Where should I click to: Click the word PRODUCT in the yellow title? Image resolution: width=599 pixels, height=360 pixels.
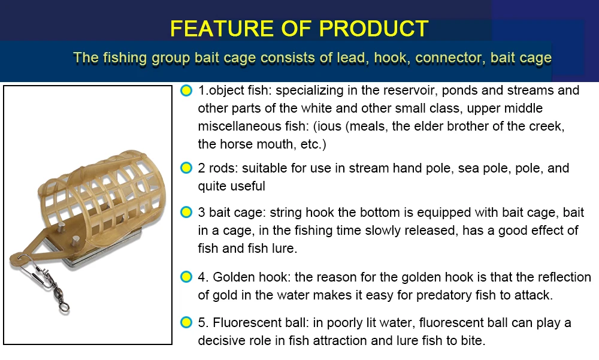click(x=373, y=28)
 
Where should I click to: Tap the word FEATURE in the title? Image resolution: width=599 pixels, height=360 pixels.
click(x=222, y=28)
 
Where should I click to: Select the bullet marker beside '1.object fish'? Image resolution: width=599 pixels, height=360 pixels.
click(x=186, y=90)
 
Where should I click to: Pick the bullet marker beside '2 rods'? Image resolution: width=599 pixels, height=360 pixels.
click(x=186, y=168)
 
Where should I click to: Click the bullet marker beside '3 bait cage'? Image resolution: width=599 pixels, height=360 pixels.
click(x=186, y=212)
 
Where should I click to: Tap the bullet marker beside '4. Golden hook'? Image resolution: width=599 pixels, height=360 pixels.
click(x=186, y=277)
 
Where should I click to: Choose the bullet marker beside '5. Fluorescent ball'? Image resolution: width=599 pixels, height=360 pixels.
click(x=186, y=322)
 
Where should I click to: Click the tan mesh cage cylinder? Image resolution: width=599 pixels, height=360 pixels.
click(x=102, y=199)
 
